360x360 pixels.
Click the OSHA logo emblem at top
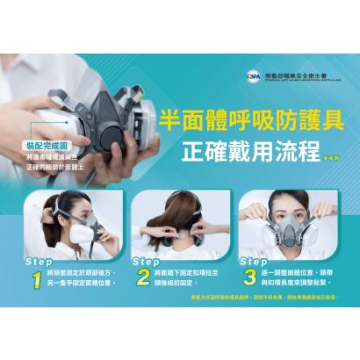point(252,77)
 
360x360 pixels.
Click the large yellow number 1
point(36,279)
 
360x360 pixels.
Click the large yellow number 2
point(143,279)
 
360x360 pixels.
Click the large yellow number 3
point(249,279)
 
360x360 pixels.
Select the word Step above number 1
point(39,261)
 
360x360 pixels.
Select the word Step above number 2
point(146,261)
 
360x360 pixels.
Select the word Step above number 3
point(253,261)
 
